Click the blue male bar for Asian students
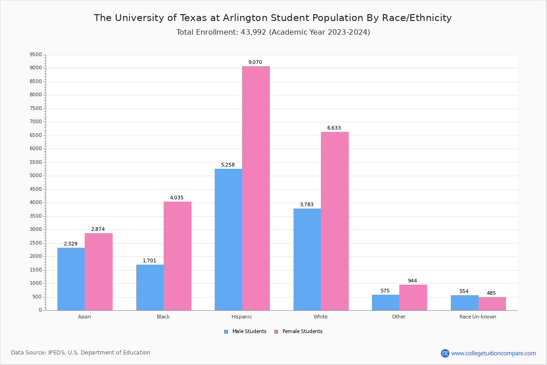71,279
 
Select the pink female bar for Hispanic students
256,188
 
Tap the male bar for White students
307,259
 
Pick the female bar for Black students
177,256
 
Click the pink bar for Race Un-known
492,303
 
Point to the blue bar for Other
386,302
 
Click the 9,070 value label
255,63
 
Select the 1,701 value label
150,261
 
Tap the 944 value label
413,281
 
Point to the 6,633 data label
334,128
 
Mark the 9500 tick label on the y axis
35,55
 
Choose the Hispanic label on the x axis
242,317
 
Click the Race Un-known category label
478,317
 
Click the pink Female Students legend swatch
276,332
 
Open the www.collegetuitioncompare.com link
493,353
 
